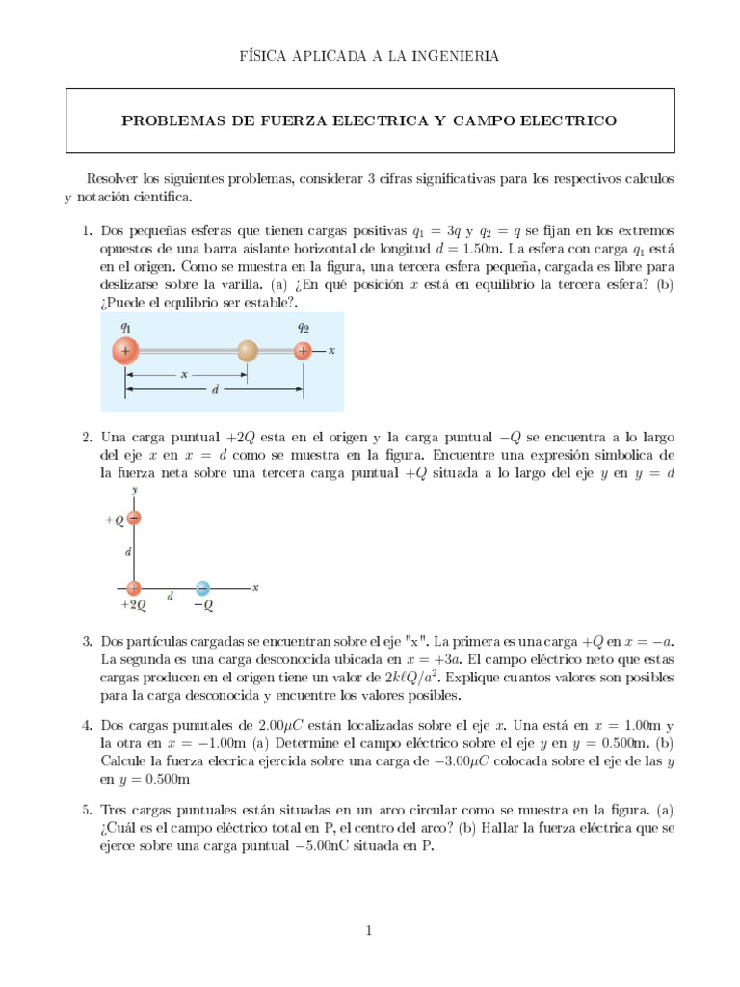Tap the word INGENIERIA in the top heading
coord(454,57)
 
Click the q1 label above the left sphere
coord(125,327)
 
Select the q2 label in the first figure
coord(304,327)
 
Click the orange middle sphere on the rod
coord(248,352)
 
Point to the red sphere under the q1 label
coord(125,352)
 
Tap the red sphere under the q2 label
coord(304,352)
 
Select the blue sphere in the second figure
coord(202,587)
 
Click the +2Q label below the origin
coord(133,605)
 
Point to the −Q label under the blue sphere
coord(202,605)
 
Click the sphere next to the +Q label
coord(134,519)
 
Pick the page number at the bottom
coord(369,930)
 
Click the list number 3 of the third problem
coord(86,641)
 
